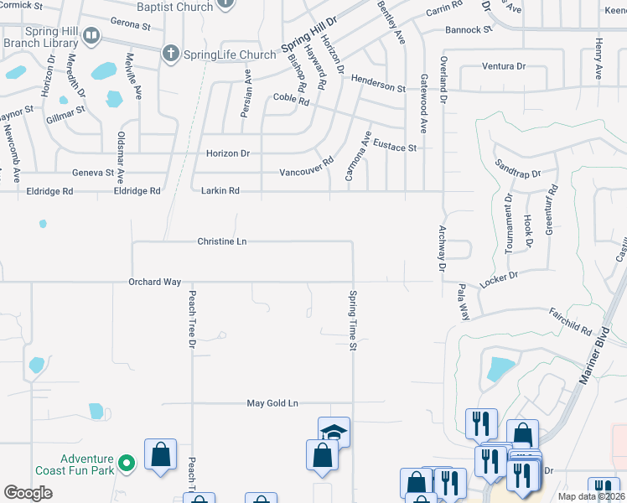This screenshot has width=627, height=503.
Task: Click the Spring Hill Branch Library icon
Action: (91, 37)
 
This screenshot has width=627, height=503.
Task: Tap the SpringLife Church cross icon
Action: (170, 54)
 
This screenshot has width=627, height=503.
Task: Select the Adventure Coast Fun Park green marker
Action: (127, 462)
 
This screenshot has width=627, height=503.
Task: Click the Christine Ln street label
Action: (222, 241)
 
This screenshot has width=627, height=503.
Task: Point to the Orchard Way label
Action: (155, 283)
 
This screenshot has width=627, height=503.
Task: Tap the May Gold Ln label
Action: (272, 403)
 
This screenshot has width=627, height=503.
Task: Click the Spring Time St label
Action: (354, 321)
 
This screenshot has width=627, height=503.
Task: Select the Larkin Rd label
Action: (220, 191)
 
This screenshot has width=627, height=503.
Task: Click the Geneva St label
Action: (93, 172)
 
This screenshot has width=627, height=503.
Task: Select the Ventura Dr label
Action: (504, 66)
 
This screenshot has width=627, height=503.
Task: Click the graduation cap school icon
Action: (334, 431)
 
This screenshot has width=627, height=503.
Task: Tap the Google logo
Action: (28, 492)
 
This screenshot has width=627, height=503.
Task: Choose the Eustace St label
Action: (395, 147)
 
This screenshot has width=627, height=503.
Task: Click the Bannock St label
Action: (469, 30)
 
